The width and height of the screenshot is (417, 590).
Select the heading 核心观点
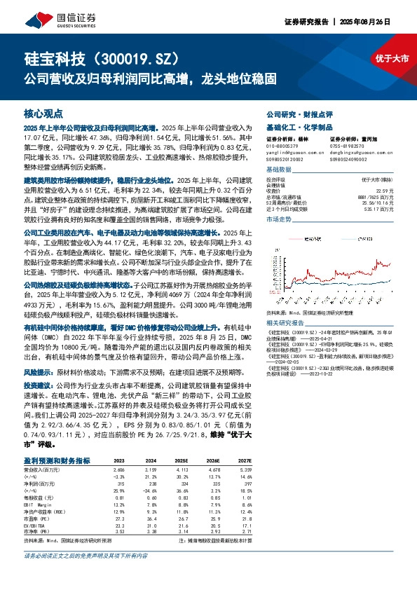pos(43,113)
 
